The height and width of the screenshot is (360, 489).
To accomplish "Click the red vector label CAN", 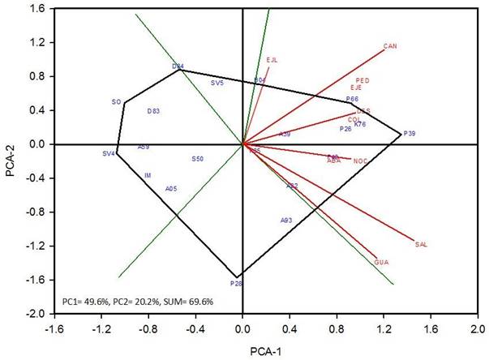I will point(390,46).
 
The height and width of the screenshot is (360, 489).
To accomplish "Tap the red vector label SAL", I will point(420,244).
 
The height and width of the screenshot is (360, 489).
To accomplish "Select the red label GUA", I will point(382,263).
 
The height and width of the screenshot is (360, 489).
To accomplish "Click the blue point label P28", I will point(236,284).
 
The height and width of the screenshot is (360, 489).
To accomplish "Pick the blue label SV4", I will point(109,153).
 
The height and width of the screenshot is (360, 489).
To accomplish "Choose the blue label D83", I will point(153,111).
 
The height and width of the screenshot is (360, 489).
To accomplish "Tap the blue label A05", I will point(171,189).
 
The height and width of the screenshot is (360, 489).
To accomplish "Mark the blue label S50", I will point(198,159).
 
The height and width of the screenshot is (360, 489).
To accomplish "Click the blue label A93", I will point(286,220).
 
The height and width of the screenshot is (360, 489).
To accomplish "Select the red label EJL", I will point(272,60).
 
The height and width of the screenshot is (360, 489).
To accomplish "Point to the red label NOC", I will point(361,161).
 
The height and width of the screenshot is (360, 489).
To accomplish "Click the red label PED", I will point(362,81).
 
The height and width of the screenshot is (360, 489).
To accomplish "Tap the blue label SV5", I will point(217,84).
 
